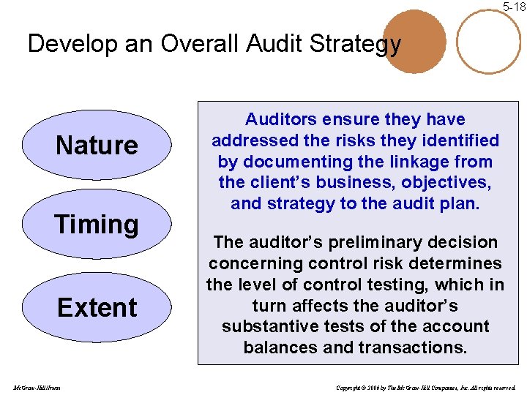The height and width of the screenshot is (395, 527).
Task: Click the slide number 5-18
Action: [513, 7]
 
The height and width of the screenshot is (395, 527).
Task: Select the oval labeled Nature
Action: [97, 145]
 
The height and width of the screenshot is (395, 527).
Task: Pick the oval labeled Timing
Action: [97, 224]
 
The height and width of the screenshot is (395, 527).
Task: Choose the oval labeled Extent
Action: [97, 307]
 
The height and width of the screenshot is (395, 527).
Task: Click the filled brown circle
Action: [414, 42]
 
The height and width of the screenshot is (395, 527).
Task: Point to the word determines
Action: [457, 263]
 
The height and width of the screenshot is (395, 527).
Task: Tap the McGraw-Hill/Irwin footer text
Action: [36, 387]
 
